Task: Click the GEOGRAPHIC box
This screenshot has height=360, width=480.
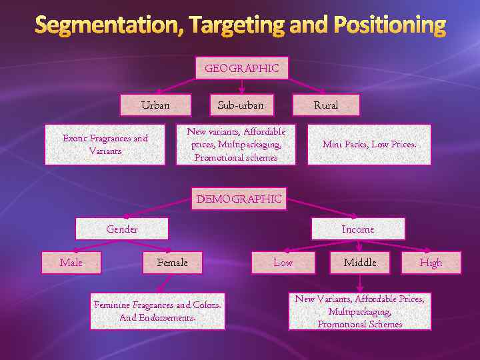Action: (x=241, y=68)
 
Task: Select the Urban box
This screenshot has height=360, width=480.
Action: (x=155, y=105)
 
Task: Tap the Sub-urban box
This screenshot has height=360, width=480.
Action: (x=241, y=105)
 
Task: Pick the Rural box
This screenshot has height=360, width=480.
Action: (x=326, y=105)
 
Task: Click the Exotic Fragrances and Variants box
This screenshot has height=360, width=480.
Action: (x=105, y=145)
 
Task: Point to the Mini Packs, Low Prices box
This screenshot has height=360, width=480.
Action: (x=369, y=145)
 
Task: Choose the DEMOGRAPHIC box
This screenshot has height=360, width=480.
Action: (x=239, y=199)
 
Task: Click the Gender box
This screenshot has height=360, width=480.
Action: (x=122, y=229)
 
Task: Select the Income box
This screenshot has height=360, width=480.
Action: (x=358, y=229)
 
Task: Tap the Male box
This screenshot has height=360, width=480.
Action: (x=71, y=263)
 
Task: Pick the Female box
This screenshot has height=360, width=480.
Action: (x=172, y=263)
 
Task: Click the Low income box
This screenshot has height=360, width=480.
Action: (x=283, y=263)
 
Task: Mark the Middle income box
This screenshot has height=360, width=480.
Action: (x=360, y=263)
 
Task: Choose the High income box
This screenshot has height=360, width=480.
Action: (x=431, y=263)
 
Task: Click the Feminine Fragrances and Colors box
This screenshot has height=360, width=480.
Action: (x=157, y=311)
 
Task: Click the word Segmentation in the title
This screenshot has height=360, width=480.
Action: (x=109, y=25)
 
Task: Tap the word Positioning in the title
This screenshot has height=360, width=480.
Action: (x=387, y=25)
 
